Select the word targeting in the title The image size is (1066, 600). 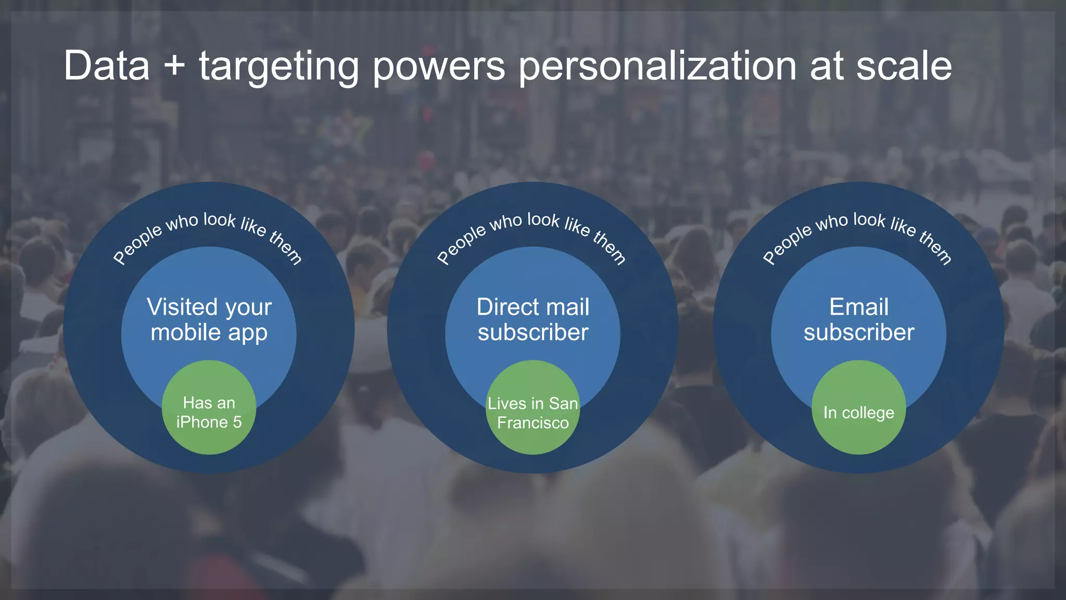278,67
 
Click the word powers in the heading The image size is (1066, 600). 439,67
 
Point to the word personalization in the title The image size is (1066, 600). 657,67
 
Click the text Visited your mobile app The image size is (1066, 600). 209,320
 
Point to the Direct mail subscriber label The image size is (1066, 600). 533,320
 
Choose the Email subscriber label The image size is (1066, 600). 859,320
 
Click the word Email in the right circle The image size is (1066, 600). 859,307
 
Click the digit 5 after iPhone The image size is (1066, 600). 237,422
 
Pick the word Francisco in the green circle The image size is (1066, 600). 532,422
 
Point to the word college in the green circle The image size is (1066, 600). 868,413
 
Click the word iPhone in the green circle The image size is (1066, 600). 201,422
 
